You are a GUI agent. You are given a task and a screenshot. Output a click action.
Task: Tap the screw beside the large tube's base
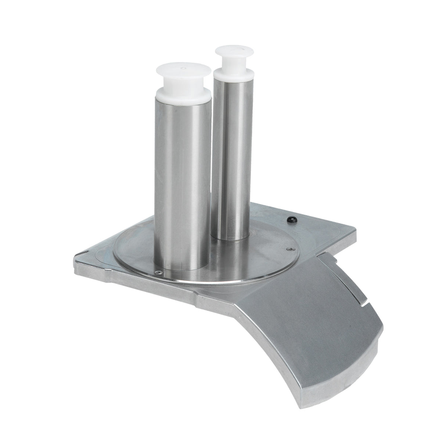pos(158,272)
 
